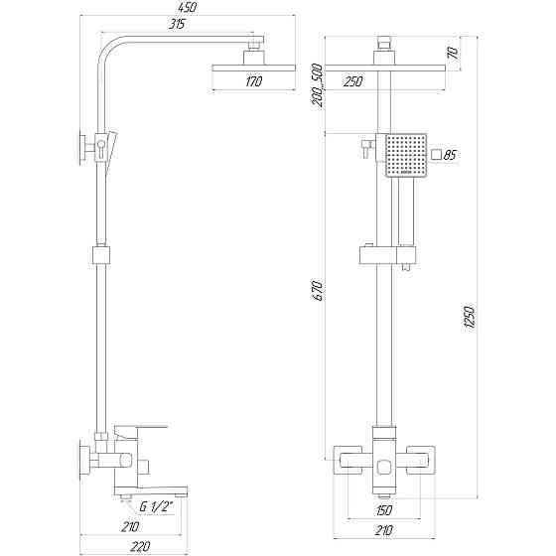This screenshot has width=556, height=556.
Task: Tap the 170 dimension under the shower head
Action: (x=253, y=82)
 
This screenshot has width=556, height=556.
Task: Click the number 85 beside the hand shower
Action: (x=450, y=155)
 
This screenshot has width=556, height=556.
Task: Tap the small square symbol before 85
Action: (x=437, y=155)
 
